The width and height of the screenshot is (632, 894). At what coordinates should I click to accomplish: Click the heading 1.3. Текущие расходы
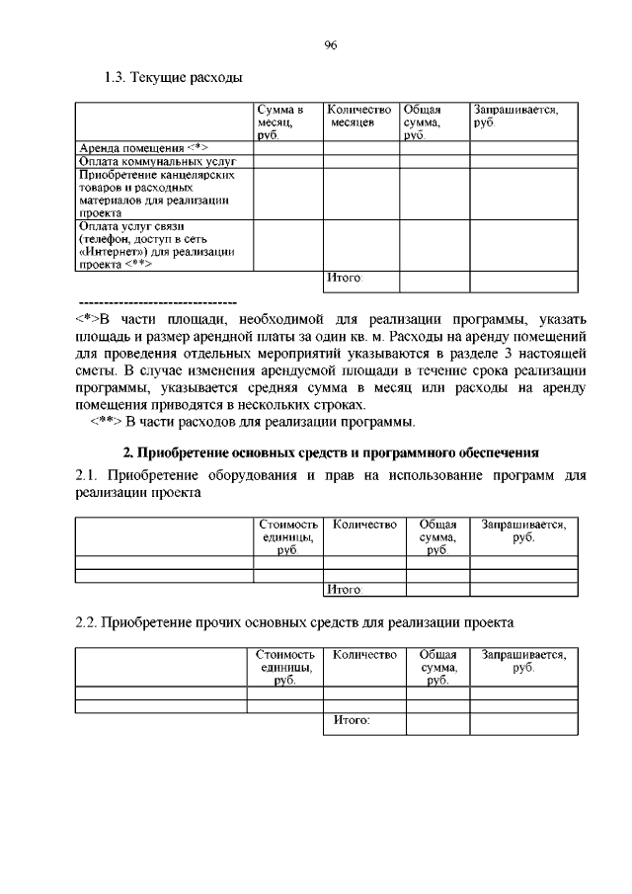tap(173, 77)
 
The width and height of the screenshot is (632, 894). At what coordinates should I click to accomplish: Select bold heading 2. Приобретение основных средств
tap(331, 453)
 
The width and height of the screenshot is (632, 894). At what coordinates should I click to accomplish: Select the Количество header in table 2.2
tap(364, 655)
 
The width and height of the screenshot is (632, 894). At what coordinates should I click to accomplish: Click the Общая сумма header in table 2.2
tap(437, 667)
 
